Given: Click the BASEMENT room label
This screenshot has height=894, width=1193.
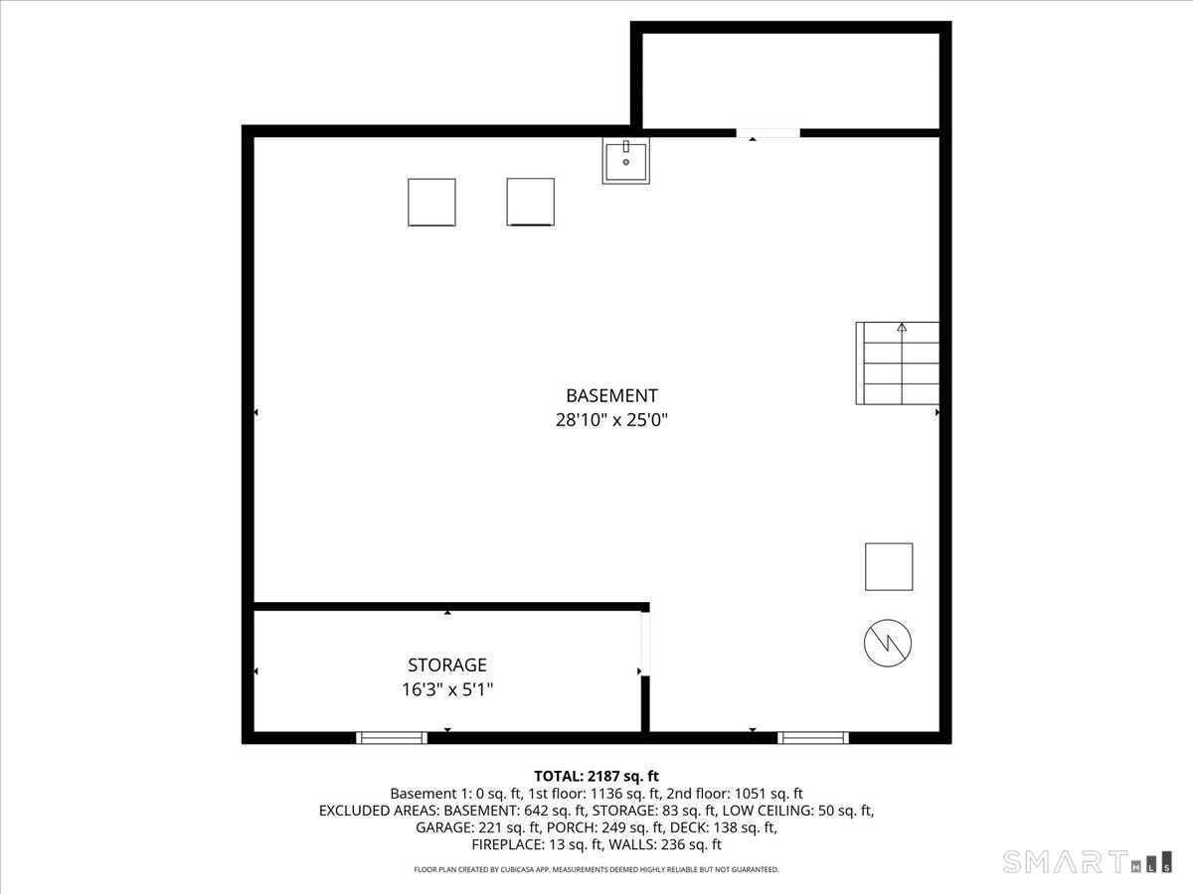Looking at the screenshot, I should (x=611, y=395).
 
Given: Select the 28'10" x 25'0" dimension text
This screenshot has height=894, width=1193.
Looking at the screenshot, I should (x=611, y=420).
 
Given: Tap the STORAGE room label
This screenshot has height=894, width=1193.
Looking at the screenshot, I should (x=447, y=665).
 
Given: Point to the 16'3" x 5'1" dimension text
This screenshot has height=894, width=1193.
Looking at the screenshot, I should (x=447, y=688).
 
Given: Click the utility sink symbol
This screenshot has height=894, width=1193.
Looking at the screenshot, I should (x=625, y=161).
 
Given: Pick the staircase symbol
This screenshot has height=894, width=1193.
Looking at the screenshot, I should (x=898, y=363).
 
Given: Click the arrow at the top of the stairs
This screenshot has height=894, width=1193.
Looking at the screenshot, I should (x=902, y=327).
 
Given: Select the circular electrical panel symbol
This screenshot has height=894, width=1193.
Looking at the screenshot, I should (x=888, y=644).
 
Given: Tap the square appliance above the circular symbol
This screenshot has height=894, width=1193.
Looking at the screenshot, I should (x=889, y=567).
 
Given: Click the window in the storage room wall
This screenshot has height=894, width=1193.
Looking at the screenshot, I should (x=392, y=737).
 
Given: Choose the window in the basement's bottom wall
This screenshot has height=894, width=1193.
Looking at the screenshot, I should (x=813, y=737).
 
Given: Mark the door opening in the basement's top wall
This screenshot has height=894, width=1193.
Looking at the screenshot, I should (x=768, y=133).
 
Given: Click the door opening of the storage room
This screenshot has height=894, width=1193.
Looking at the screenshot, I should (x=644, y=645).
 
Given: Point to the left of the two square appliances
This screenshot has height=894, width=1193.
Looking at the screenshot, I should (x=431, y=202).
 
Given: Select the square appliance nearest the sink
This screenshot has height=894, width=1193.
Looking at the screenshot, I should (x=530, y=202).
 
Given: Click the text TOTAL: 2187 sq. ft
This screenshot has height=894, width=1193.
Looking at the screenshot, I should (x=596, y=776).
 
